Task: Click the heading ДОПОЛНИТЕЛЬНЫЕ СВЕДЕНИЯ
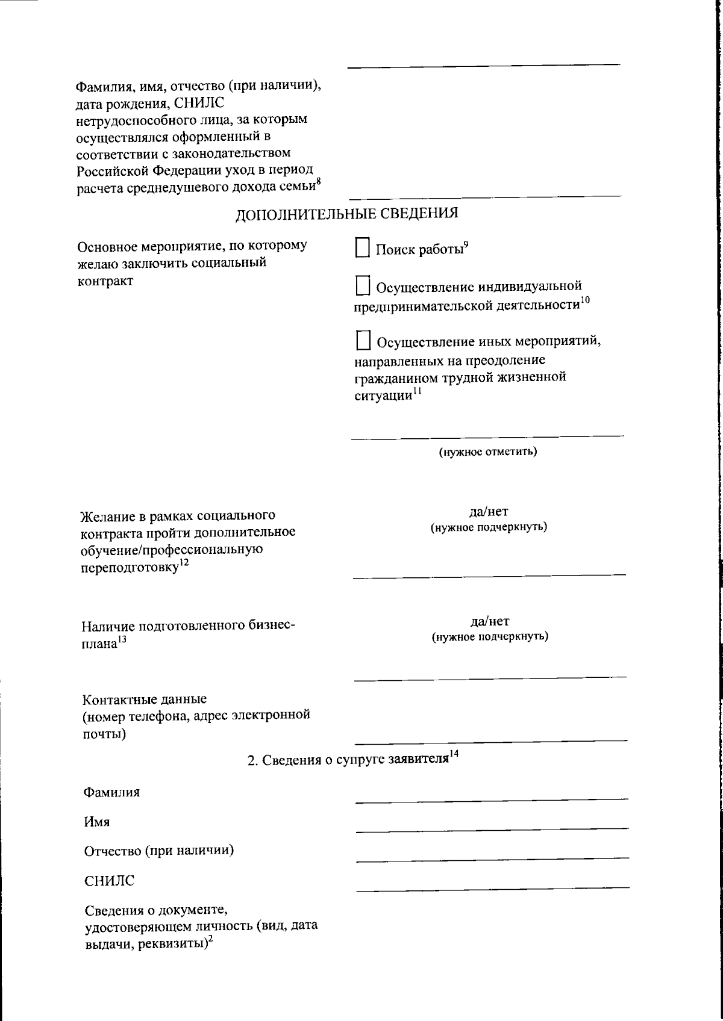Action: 346,213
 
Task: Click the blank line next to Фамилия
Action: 492,797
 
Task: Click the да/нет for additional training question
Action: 489,512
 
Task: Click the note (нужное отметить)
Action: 487,452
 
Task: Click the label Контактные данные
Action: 144,699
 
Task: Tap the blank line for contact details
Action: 490,737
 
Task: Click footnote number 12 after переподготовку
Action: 184,562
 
